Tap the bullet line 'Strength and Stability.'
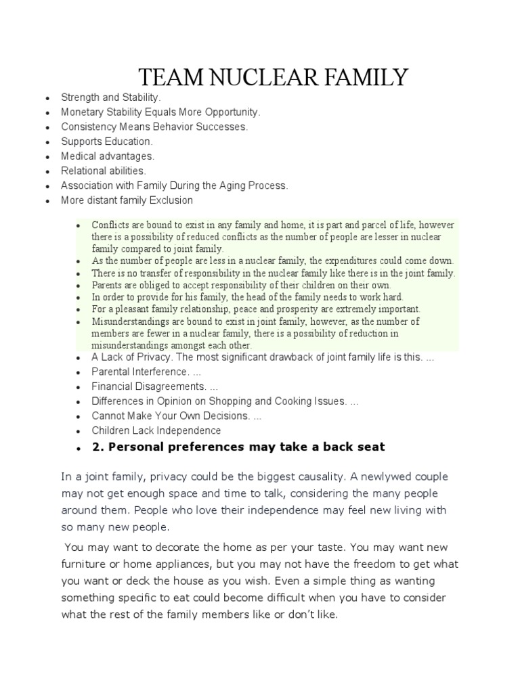[111, 98]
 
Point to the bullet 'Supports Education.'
[107, 141]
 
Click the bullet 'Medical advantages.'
[108, 156]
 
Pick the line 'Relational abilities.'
[104, 171]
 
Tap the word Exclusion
[170, 200]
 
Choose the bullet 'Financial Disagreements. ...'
[155, 386]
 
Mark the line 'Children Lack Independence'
[156, 430]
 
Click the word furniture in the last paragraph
[85, 564]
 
